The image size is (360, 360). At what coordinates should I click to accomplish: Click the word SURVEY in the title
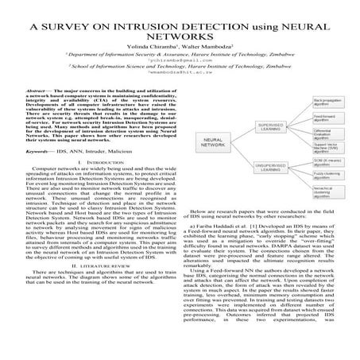pyautogui.click(x=77, y=26)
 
